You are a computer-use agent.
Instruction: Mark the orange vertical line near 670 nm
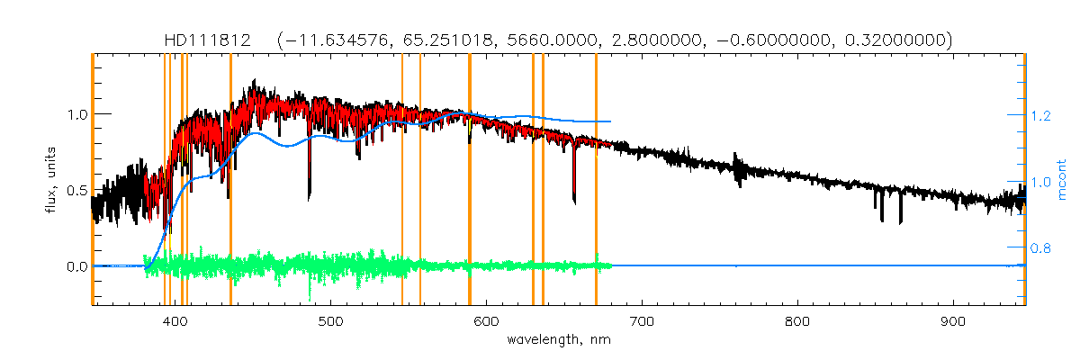tap(596, 180)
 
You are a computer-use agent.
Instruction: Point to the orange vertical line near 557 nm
tap(420, 180)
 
